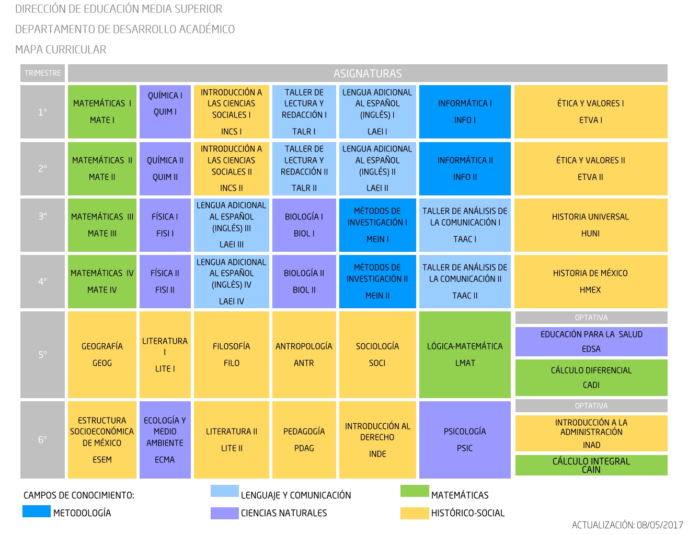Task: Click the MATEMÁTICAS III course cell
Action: [102, 225]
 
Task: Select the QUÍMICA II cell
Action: [165, 168]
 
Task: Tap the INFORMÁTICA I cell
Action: [465, 112]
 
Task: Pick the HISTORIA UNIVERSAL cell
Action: [591, 225]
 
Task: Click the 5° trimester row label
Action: [42, 354]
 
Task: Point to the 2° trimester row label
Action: [42, 168]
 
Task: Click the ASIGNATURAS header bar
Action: [368, 73]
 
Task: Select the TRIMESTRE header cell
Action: [42, 73]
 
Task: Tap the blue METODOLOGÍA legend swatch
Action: [37, 511]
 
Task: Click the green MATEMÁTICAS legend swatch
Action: [415, 491]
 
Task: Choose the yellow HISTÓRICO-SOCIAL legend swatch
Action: [415, 513]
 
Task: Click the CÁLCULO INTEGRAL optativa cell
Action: [591, 465]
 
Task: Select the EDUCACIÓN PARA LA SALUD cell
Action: [591, 342]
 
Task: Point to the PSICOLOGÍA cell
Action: [465, 439]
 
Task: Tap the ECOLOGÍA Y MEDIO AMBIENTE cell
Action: [165, 439]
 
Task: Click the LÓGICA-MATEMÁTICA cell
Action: [465, 354]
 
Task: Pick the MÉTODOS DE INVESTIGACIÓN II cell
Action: [377, 281]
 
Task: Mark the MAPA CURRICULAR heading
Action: [61, 50]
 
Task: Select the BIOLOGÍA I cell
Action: [304, 225]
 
